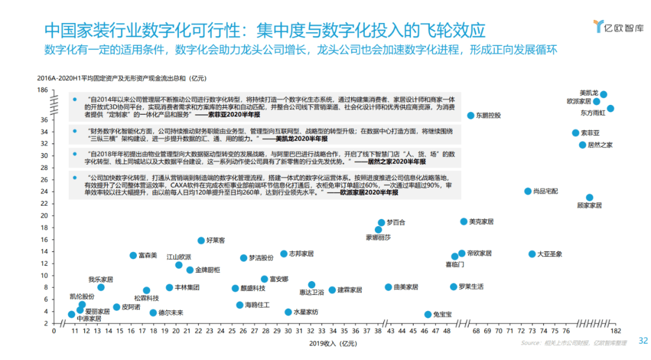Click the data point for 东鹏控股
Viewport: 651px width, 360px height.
[471, 115]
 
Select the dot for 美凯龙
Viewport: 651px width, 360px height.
[603, 94]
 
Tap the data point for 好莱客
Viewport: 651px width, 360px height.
[201, 241]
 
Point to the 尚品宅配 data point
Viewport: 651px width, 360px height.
[528, 191]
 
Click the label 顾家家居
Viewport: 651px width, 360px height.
[590, 206]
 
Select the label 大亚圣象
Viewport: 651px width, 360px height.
[549, 254]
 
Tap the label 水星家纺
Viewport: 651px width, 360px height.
[306, 312]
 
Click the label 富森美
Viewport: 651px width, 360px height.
[148, 256]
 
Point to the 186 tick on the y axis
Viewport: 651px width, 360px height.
[42, 90]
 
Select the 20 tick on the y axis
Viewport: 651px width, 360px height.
[44, 215]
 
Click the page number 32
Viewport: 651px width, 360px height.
[643, 341]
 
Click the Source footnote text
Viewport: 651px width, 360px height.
[573, 343]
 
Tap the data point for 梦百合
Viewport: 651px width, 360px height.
[382, 223]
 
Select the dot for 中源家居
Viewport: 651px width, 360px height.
[72, 314]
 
